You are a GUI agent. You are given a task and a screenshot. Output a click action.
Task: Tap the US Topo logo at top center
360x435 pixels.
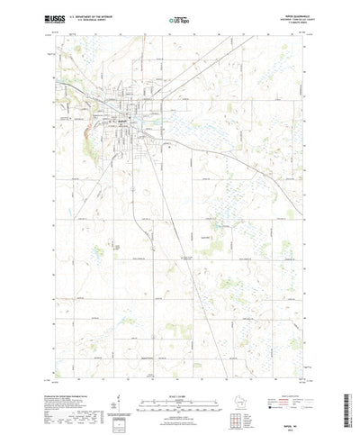(x=179, y=18)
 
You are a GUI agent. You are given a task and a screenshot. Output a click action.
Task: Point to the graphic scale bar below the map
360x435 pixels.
(x=179, y=381)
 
